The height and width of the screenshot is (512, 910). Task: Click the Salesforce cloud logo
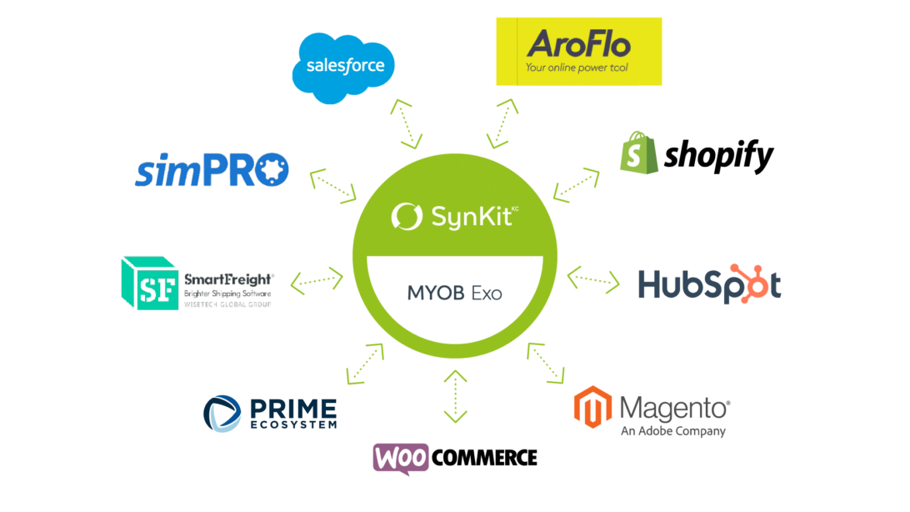pyautogui.click(x=343, y=67)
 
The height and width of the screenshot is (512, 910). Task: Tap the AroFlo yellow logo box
pyautogui.click(x=578, y=52)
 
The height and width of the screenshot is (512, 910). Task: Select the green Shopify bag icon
pyautogui.click(x=638, y=152)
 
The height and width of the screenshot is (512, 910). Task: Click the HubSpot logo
pyautogui.click(x=709, y=284)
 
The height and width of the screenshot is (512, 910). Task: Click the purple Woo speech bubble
pyautogui.click(x=401, y=458)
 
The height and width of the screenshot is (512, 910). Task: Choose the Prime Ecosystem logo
pyautogui.click(x=270, y=414)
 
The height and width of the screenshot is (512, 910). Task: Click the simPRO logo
pyautogui.click(x=212, y=169)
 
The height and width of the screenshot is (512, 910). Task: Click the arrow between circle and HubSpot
pyautogui.click(x=593, y=279)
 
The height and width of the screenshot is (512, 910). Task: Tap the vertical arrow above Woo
pyautogui.click(x=455, y=395)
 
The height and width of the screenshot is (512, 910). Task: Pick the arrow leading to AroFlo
pyautogui.click(x=503, y=123)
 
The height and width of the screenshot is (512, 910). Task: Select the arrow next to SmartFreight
pyautogui.click(x=317, y=279)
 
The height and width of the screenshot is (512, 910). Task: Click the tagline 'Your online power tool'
pyautogui.click(x=577, y=68)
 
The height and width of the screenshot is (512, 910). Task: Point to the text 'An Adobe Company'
pyautogui.click(x=672, y=431)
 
